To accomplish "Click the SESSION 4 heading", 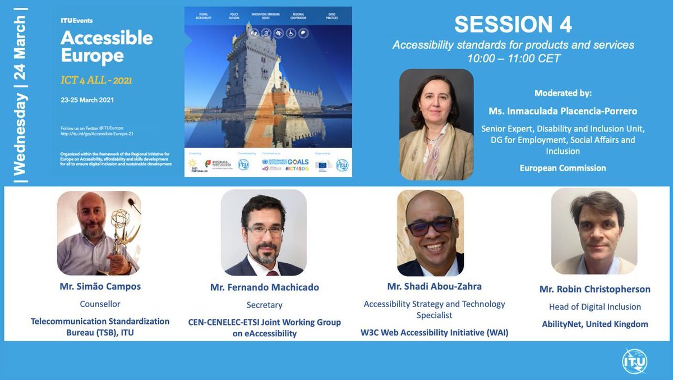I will click(513, 25).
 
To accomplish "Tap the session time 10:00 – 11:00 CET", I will click(513, 58).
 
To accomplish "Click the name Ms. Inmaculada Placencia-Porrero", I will click(563, 112).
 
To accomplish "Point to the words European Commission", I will click(563, 168).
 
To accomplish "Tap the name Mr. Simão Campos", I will click(100, 286).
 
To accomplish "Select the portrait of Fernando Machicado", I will click(264, 232).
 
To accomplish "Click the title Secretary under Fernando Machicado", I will click(264, 305).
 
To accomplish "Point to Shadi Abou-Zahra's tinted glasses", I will click(430, 226).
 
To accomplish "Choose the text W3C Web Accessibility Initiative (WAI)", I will click(434, 332).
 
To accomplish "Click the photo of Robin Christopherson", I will click(594, 231).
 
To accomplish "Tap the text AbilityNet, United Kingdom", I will click(594, 324).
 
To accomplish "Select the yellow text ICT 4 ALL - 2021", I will click(96, 80).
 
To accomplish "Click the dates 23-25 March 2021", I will click(87, 100).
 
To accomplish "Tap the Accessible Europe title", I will click(107, 47).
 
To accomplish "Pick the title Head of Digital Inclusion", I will click(594, 306).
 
